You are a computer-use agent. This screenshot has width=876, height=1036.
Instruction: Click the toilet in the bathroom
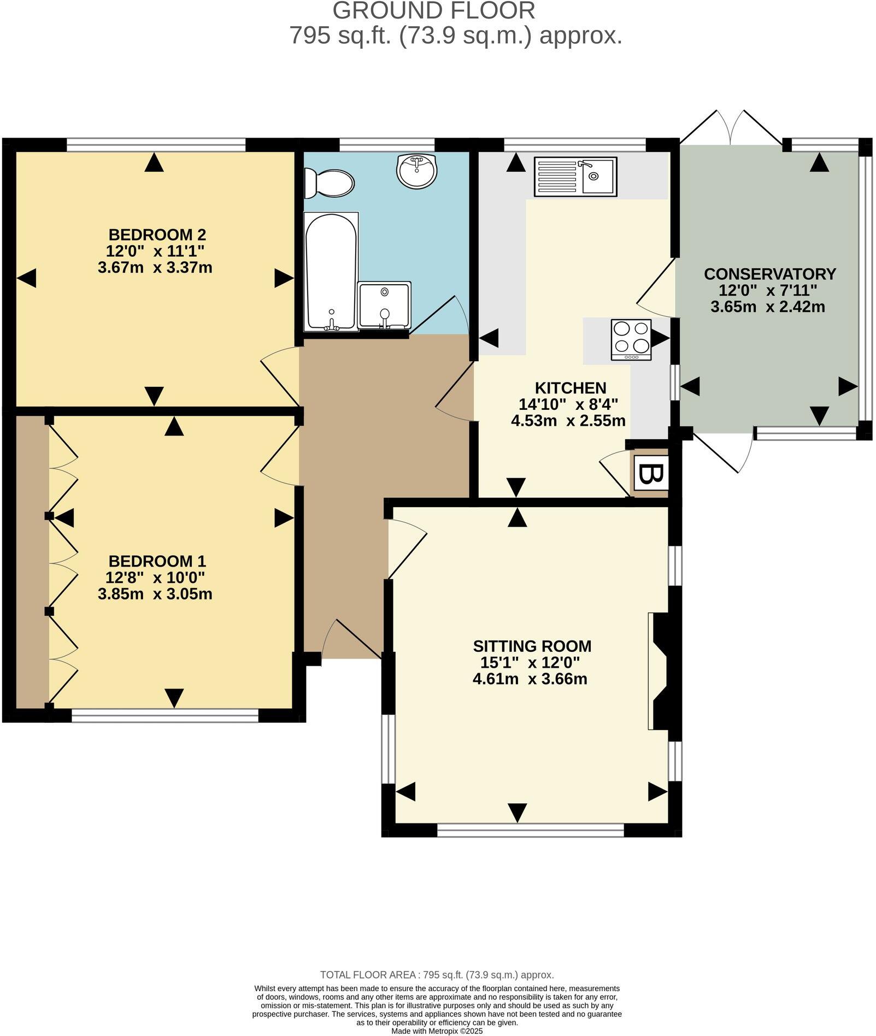click(330, 183)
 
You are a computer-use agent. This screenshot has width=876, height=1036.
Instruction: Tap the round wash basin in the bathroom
click(416, 170)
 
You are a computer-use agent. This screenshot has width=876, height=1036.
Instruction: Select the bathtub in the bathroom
click(331, 272)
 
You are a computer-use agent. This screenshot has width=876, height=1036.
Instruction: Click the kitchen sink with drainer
click(575, 176)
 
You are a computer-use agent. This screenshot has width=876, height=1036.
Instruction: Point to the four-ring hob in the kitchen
click(631, 339)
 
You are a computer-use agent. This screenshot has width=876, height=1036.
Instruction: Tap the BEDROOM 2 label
click(157, 235)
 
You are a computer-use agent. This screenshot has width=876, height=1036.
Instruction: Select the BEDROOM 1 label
click(157, 561)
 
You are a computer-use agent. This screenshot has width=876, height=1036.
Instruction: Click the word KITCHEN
click(570, 388)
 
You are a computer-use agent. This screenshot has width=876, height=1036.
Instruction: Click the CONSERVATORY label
click(769, 274)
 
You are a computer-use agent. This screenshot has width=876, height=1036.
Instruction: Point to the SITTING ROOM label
click(532, 646)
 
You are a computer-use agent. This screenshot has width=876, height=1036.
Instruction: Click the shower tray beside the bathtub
click(384, 305)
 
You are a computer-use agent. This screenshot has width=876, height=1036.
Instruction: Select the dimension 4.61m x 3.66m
click(530, 679)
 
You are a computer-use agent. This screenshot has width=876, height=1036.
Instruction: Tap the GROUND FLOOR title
click(433, 11)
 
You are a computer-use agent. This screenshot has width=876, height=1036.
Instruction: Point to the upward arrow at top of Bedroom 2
click(154, 162)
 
